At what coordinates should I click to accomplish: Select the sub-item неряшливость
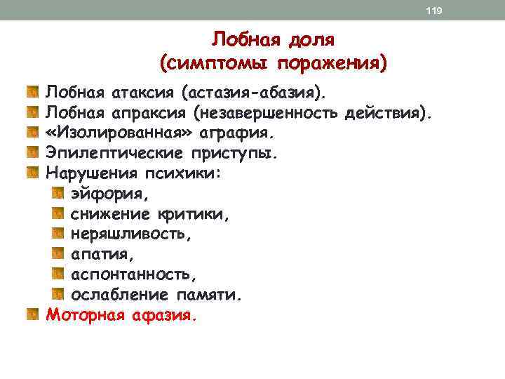tap(127, 232)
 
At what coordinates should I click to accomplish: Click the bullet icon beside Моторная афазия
tap(32, 313)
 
